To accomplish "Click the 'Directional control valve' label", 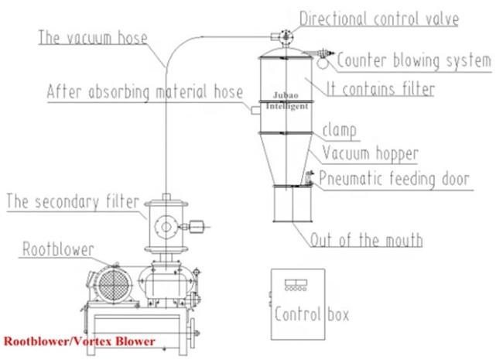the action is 379,19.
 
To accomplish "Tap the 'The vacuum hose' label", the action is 93,37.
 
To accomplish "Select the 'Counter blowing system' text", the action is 414,60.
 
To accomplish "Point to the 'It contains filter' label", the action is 381,89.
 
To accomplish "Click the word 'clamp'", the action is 340,131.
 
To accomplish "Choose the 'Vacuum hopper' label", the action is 371,154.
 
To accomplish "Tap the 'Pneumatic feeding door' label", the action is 394,179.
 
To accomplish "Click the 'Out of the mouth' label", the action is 366,240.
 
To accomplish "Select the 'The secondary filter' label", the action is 73,202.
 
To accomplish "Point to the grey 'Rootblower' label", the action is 58,249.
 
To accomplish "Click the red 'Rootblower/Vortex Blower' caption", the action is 79,341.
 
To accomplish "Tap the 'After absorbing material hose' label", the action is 145,92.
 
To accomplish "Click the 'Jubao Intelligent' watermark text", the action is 287,101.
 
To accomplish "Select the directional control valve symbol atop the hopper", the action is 286,37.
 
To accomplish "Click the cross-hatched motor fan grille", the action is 115,285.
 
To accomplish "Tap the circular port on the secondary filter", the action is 166,227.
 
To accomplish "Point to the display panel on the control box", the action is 296,285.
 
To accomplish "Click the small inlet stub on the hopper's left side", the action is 255,111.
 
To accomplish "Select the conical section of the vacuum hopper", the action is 286,159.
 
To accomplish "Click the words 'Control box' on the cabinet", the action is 312,314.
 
